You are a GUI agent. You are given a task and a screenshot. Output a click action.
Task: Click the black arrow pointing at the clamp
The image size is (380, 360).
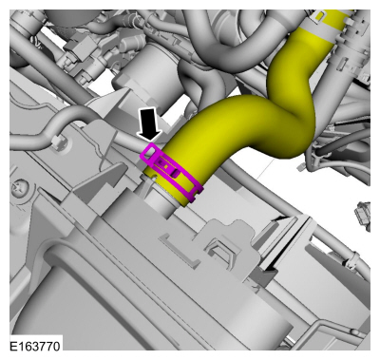point(149,123)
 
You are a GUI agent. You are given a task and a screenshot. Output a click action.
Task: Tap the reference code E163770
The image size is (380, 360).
point(35,346)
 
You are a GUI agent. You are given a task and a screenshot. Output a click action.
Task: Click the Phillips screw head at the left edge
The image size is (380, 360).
point(17,189)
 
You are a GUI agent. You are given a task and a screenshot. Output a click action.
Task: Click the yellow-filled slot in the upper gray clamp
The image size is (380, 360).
point(319,15)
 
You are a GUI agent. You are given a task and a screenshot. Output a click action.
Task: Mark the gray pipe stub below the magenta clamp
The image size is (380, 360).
point(160,201)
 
